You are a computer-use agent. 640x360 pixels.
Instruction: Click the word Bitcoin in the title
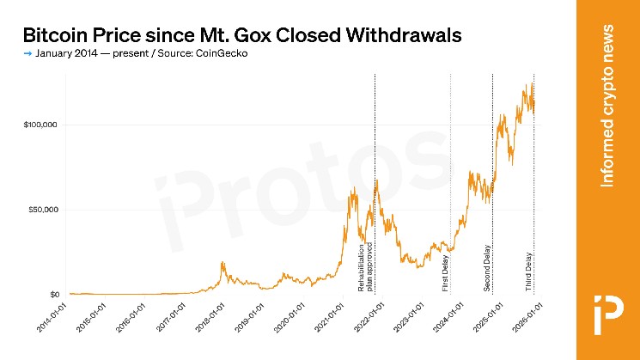(56, 35)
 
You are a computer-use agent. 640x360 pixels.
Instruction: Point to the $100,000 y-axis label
(40, 125)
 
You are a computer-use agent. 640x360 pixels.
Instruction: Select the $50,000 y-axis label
(42, 210)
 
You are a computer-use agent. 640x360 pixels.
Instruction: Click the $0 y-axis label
(52, 295)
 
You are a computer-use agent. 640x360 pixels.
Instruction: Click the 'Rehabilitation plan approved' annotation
(366, 268)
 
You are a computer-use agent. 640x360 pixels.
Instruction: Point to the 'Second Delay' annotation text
(487, 269)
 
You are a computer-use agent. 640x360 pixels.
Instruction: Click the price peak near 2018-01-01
(222, 263)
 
